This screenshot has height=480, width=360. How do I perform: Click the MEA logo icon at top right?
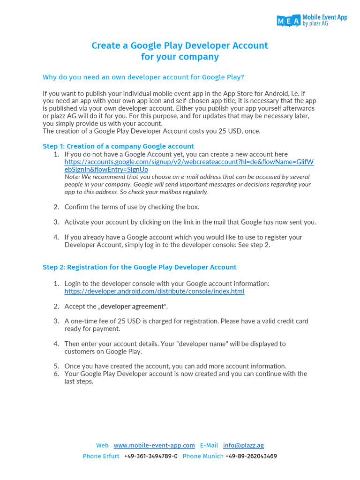[288, 20]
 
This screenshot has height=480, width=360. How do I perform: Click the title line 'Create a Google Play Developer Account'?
[180, 45]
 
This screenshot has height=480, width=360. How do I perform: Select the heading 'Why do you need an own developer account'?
[143, 77]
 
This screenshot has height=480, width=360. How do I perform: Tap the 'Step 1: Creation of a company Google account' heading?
[118, 146]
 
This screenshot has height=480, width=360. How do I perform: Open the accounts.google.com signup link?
[189, 162]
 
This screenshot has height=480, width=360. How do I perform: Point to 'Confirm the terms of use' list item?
[132, 207]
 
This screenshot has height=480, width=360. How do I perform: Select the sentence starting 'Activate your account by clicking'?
[190, 222]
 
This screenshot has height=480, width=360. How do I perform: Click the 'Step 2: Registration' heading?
[139, 267]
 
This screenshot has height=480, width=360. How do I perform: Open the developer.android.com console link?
[154, 291]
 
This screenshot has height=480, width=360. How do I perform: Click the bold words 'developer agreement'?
[133, 306]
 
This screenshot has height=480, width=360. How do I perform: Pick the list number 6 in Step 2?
[56, 374]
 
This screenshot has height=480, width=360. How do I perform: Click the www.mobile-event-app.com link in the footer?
[154, 445]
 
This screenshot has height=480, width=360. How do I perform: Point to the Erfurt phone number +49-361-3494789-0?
[151, 456]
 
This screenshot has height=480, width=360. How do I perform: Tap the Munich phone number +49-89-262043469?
[251, 456]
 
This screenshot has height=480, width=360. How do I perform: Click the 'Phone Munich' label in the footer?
[203, 456]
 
